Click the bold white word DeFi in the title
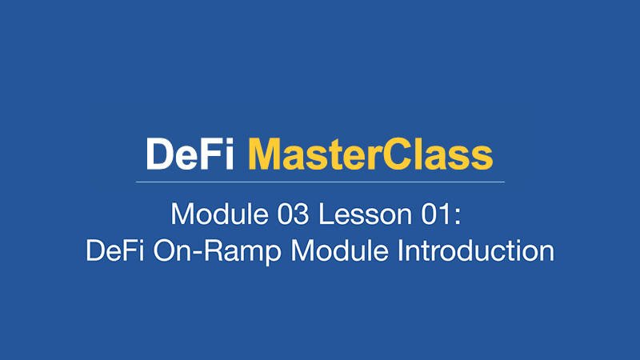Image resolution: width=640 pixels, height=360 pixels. (x=190, y=154)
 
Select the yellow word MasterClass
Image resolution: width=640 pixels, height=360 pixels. (x=370, y=154)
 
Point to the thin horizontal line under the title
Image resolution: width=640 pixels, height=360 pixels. (x=321, y=182)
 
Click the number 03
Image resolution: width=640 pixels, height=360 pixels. (x=293, y=214)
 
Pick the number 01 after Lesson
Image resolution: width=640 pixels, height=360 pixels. (x=436, y=214)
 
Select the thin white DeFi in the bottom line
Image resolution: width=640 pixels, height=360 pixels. (x=114, y=250)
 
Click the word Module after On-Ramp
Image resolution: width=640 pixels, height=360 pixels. (x=339, y=250)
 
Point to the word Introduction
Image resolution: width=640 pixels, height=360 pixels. (x=476, y=250)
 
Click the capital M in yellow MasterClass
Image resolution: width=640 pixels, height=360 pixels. (x=265, y=154)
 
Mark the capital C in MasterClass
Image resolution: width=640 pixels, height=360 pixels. (x=398, y=154)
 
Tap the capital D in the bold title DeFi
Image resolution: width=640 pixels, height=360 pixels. (x=159, y=154)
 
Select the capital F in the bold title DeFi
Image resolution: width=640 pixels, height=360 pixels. (x=211, y=154)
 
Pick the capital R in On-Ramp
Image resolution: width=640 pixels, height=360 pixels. (x=213, y=250)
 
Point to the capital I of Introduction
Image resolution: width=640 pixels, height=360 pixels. (x=399, y=250)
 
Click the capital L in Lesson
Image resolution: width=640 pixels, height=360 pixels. (x=326, y=214)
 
